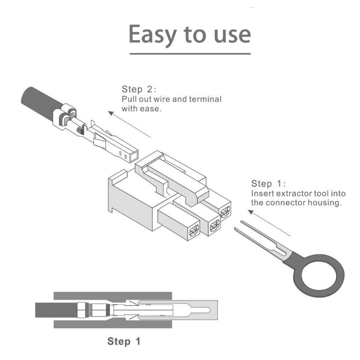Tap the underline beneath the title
(190, 54)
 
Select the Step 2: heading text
(139, 89)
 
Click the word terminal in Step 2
(205, 99)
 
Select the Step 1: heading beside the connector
(269, 183)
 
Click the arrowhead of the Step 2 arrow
(111, 113)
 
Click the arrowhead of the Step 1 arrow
(251, 212)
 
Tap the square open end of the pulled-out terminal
(134, 157)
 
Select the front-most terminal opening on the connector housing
(194, 230)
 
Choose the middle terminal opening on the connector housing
(214, 225)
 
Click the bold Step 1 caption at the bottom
(124, 341)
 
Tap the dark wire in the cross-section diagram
(56, 310)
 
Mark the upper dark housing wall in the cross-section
(113, 296)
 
